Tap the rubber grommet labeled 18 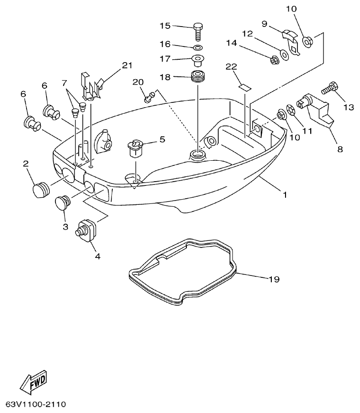[197, 77]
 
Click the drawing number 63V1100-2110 [36, 404]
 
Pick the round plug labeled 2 [40, 190]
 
